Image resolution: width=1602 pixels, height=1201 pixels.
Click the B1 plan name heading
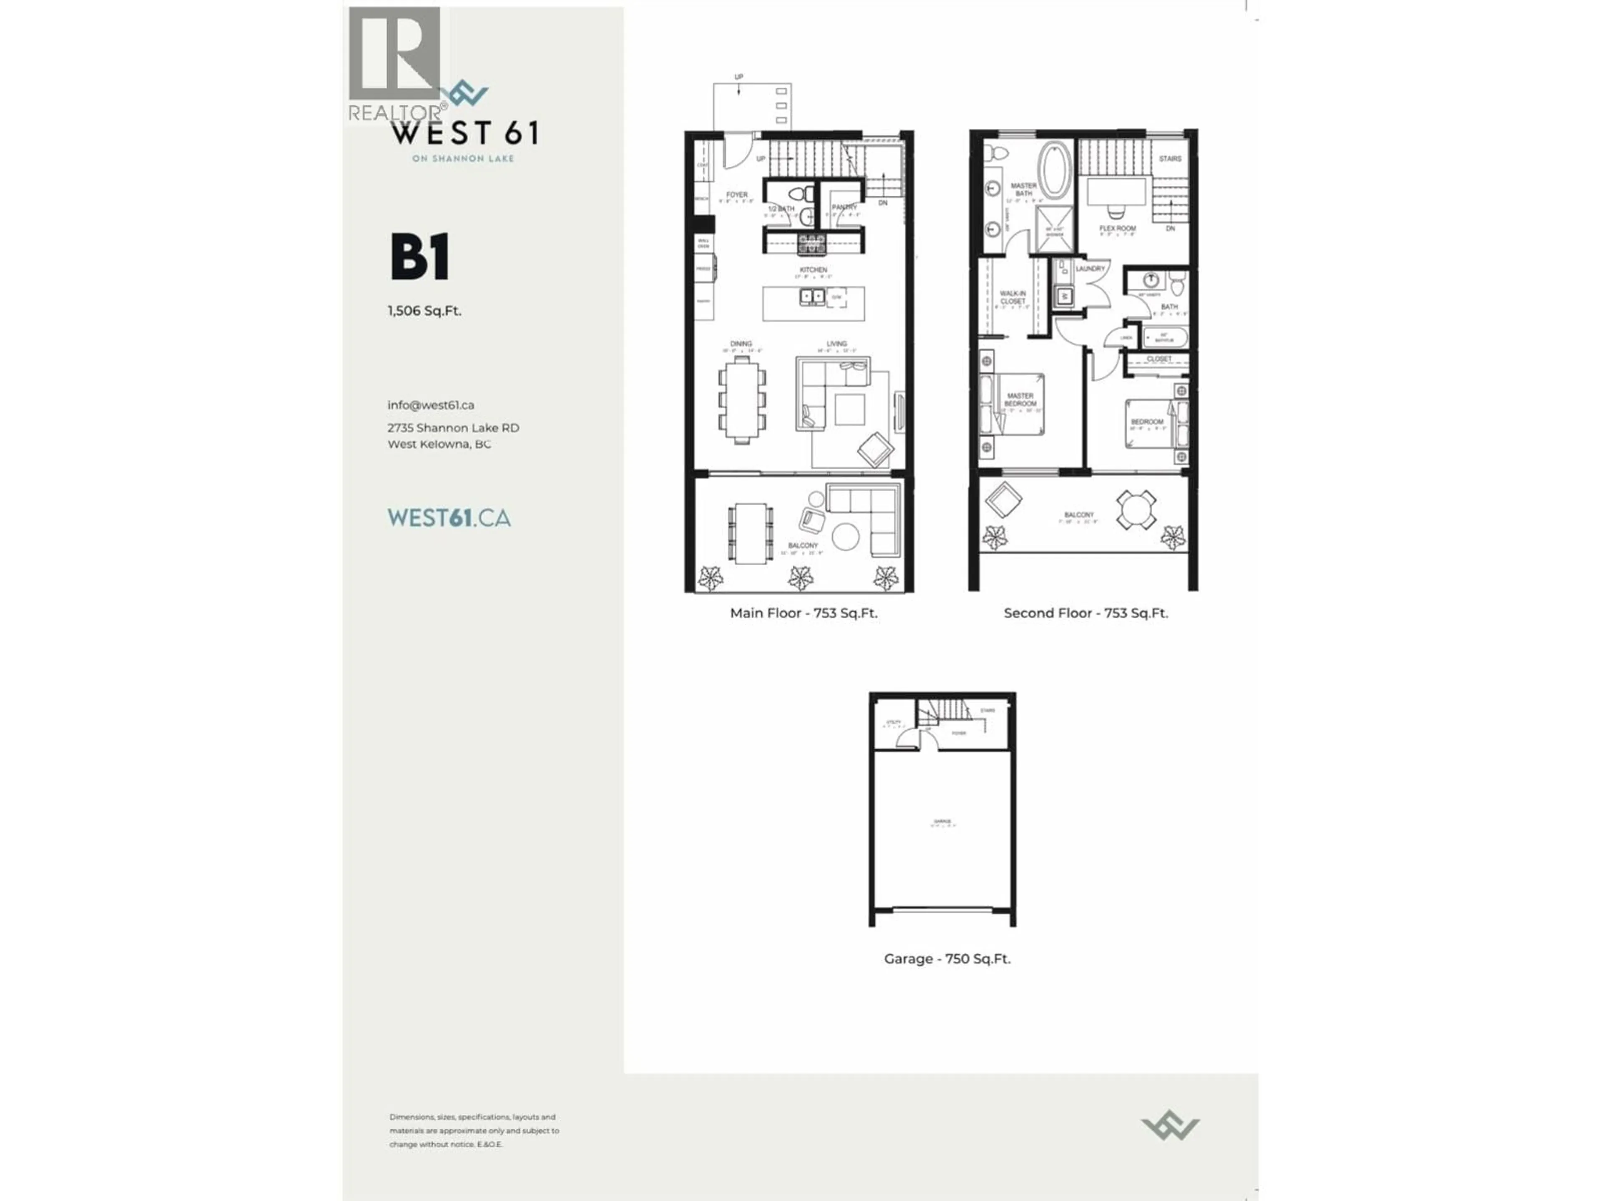[420, 256]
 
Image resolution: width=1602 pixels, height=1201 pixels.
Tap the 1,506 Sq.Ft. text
[424, 311]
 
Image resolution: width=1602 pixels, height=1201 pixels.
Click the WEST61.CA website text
[449, 518]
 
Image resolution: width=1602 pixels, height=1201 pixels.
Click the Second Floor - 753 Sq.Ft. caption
[1085, 613]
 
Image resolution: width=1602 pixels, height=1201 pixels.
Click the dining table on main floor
[742, 399]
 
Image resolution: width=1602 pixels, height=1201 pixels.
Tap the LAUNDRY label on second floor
[1090, 269]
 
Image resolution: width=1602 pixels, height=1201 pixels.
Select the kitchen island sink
[812, 296]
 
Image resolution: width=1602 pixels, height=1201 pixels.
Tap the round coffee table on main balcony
[845, 536]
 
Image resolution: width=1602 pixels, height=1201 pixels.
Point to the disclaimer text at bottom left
[474, 1130]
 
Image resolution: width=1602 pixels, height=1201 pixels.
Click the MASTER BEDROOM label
[1020, 399]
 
